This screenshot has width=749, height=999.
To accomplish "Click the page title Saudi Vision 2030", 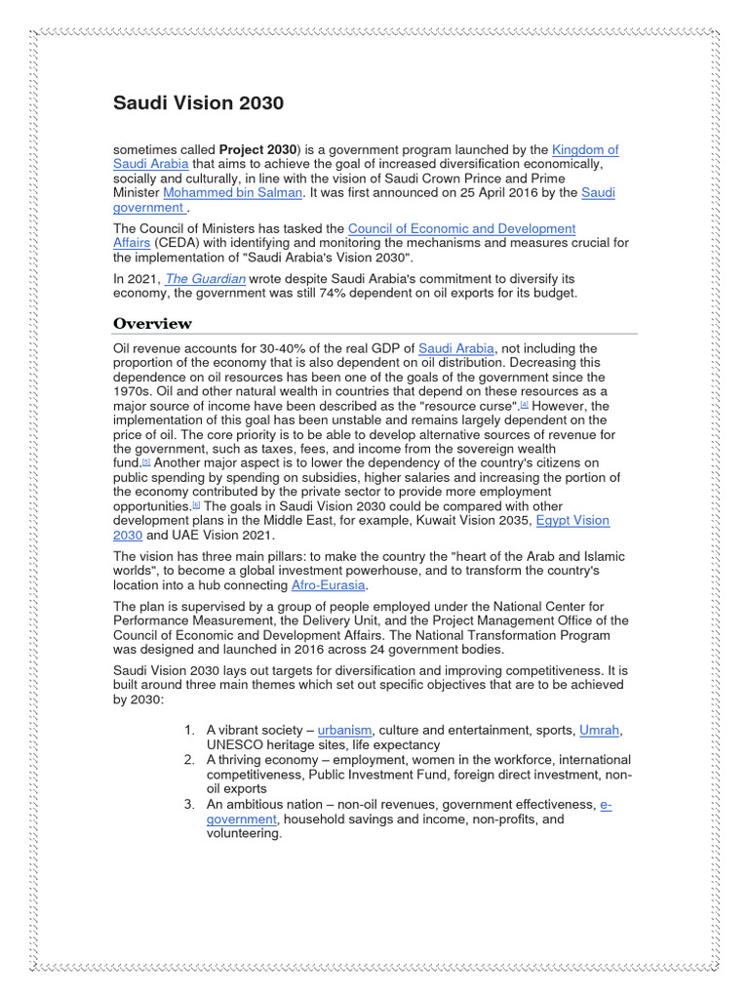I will (198, 103).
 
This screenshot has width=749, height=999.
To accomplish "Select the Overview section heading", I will (152, 324).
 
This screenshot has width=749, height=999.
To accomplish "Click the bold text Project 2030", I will (257, 150).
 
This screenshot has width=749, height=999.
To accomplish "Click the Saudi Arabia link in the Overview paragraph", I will (456, 348).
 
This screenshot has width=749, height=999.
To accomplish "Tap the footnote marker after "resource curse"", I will (524, 405).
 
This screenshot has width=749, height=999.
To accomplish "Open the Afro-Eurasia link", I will (331, 585).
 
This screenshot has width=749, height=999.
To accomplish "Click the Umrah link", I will (600, 730).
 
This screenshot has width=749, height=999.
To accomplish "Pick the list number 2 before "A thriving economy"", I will (189, 759).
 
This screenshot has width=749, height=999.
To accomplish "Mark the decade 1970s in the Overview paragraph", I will (134, 391).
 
